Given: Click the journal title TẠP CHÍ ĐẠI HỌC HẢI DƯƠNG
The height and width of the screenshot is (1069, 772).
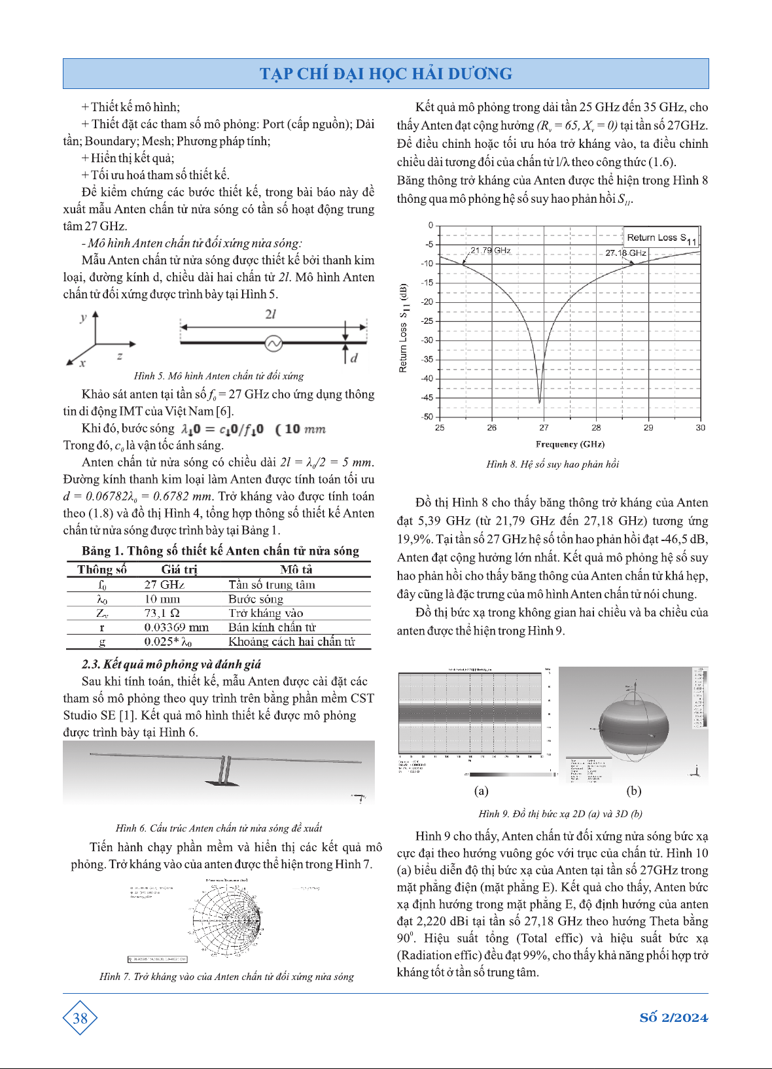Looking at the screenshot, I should (385, 74).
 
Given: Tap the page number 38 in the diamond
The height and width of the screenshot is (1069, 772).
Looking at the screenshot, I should (80, 1018).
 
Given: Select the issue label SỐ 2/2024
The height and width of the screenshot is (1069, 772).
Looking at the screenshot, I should (673, 1018).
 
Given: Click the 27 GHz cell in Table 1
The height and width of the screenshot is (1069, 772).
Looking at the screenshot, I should (164, 585).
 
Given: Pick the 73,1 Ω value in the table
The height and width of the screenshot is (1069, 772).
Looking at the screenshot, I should (162, 613).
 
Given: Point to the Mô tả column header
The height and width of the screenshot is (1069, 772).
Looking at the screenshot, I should (296, 569).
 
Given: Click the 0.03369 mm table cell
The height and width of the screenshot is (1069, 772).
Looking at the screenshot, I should (176, 627).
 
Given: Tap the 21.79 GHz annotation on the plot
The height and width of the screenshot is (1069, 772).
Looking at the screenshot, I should (490, 251).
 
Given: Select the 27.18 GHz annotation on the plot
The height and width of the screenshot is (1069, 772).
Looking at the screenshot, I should (625, 253).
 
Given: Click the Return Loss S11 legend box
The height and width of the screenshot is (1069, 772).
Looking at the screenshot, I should (661, 238).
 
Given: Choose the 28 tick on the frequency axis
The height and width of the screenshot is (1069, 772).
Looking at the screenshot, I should (596, 428).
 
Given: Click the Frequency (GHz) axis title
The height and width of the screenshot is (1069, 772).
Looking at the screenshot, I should (570, 444).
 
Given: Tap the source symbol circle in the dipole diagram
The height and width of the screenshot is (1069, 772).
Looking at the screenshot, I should (272, 342).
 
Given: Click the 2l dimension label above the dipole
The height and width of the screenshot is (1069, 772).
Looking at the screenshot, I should (271, 315).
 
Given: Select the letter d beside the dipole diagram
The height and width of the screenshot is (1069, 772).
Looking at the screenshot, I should (354, 358).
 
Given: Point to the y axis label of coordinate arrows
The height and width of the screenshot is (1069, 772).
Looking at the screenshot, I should (83, 318).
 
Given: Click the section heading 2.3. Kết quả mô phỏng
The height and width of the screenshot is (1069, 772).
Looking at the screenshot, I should (171, 665).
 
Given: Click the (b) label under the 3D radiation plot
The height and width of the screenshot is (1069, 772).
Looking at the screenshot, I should (633, 791).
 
